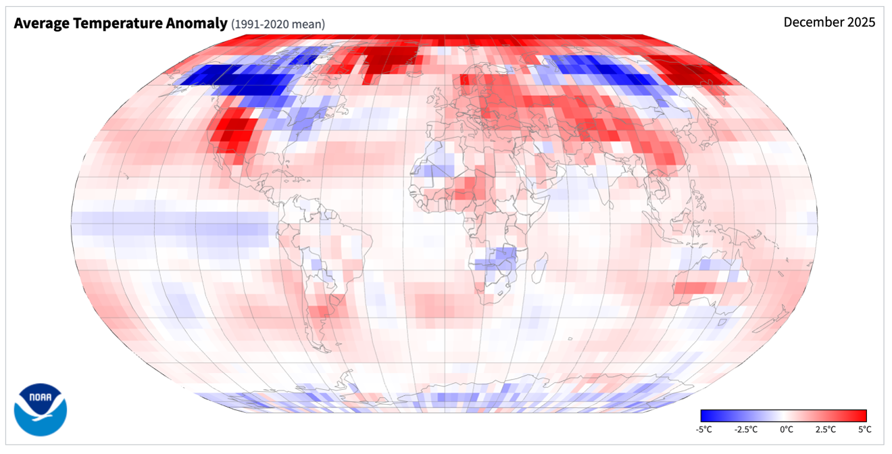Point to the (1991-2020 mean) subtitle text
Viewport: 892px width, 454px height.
coord(278,24)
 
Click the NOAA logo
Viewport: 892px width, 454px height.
coord(41,409)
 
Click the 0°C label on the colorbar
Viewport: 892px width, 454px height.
coord(786,429)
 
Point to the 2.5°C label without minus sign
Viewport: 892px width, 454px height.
coord(825,429)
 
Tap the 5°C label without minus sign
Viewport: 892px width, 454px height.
coord(864,429)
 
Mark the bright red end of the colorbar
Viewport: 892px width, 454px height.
coord(863,415)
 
